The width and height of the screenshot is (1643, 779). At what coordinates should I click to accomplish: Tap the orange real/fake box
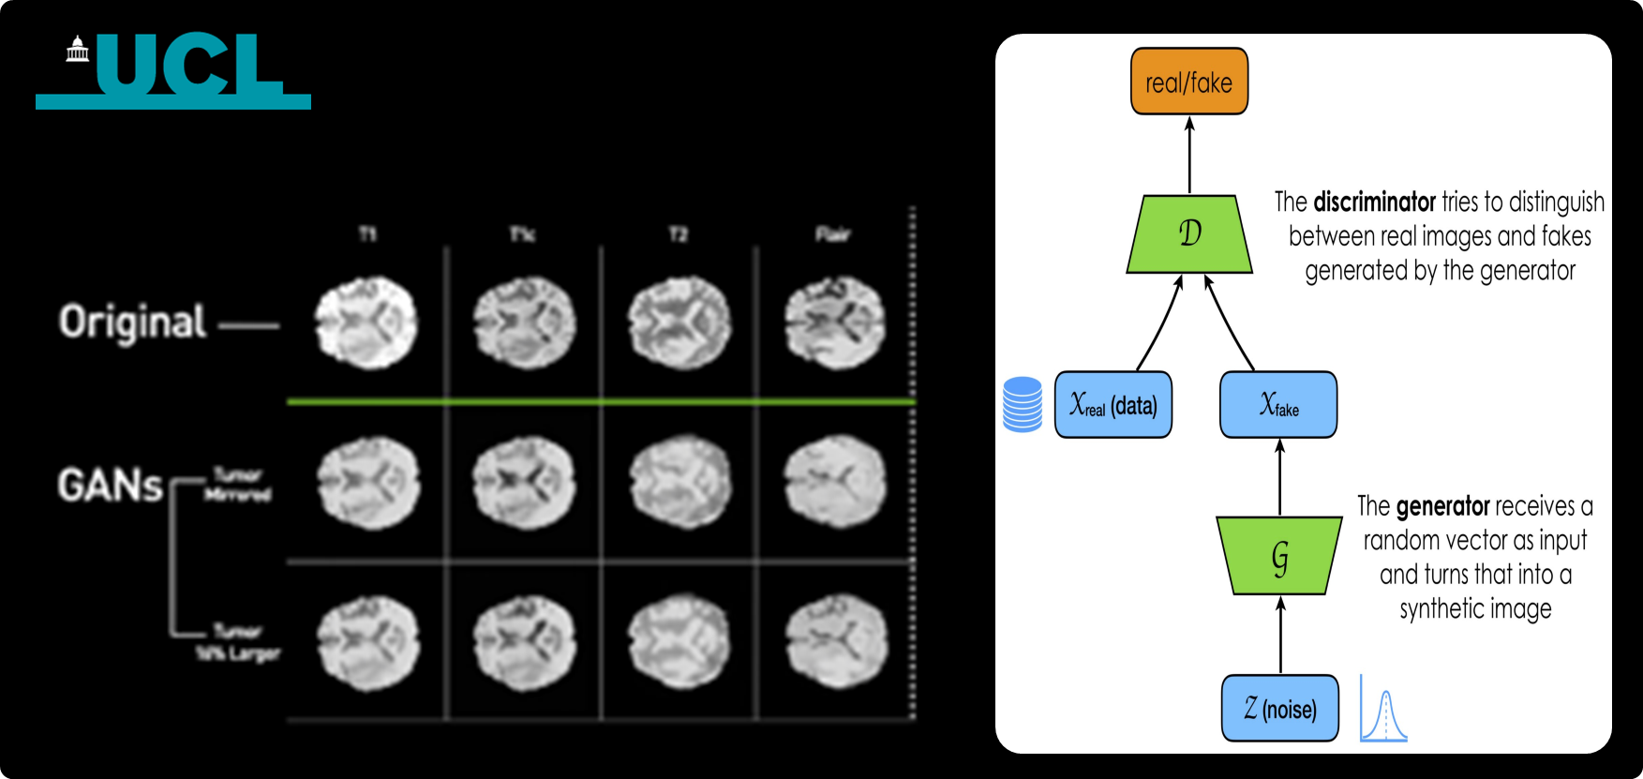pos(1188,82)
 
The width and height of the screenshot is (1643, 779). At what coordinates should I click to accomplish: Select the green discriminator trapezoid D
pos(1189,233)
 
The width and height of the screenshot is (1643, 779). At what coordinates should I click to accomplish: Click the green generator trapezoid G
pos(1279,556)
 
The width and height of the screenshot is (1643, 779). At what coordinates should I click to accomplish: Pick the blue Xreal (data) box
pos(1113,405)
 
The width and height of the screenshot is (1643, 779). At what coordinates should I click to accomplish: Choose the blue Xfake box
pos(1278,405)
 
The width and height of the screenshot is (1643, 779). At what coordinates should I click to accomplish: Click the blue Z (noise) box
pos(1279,708)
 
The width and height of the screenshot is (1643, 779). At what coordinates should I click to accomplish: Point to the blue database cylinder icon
pos(1022,404)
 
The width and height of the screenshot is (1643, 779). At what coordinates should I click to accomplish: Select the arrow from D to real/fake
pos(1189,155)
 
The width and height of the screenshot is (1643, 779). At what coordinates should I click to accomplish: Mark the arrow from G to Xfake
pos(1280,477)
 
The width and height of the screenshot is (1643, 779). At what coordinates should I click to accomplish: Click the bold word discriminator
pos(1374,202)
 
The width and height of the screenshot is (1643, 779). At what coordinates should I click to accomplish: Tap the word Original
pos(132,322)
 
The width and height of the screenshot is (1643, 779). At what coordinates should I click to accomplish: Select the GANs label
pos(110,486)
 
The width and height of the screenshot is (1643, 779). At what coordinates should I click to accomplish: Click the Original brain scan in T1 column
pos(366,322)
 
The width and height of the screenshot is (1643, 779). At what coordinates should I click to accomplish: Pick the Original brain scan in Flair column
pos(834,322)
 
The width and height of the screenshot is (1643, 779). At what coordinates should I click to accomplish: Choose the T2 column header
pos(678,233)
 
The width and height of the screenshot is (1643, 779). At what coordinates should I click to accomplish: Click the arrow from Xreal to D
pos(1160,322)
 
